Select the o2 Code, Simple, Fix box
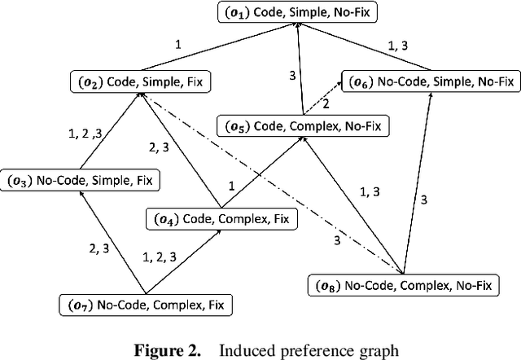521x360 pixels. (x=132, y=82)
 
